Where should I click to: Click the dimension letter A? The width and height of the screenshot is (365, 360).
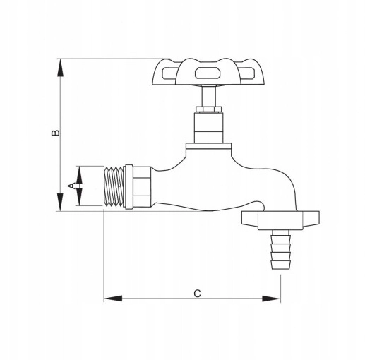(x=72, y=186)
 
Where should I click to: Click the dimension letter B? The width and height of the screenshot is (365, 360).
(x=56, y=133)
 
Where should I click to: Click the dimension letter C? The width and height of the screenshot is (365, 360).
(x=197, y=294)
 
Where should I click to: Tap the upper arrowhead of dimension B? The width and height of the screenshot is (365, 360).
(x=61, y=67)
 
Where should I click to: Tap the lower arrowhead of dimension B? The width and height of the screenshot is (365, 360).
(x=61, y=202)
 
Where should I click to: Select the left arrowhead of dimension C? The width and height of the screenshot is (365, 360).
(x=113, y=299)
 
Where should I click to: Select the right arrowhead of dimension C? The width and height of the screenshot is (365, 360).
(x=271, y=299)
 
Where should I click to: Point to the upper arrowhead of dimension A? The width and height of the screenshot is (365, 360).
(x=79, y=175)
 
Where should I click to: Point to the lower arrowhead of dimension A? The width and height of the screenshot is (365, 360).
(x=79, y=197)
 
